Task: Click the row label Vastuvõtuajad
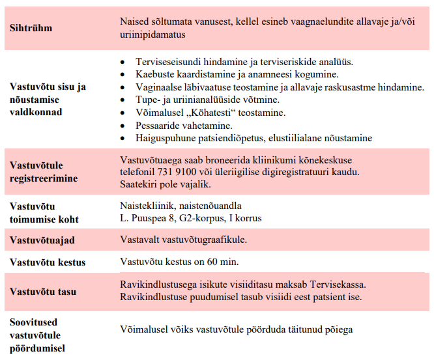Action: coord(42,240)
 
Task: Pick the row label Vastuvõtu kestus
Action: coord(48,262)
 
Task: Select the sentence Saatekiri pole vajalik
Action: coord(166,184)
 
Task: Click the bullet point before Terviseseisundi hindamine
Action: coord(124,62)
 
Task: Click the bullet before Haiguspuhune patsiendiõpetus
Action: coord(124,138)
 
